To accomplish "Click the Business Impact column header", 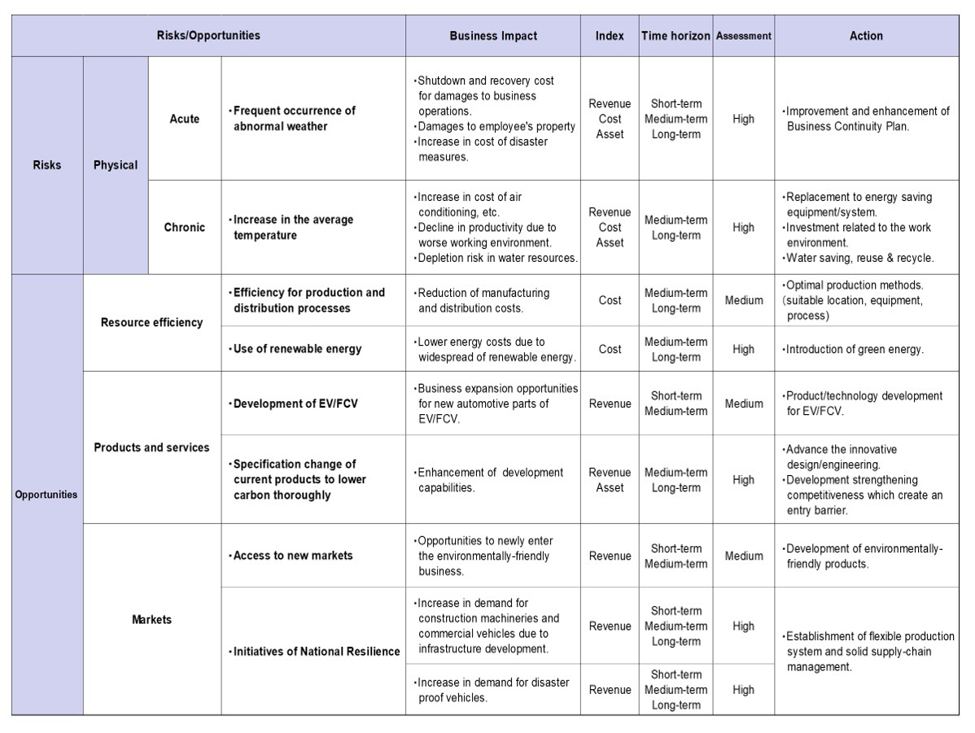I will coord(493,36).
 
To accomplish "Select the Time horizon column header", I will coord(676,36).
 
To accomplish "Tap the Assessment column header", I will coord(743,36).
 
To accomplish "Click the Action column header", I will coord(866,36).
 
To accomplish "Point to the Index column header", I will coord(610,36).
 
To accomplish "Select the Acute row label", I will coord(184,119).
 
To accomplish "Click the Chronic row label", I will coord(184,227).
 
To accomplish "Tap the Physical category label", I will coord(116,165).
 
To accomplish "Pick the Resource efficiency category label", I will coord(151,322).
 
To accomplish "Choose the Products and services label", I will coord(151,447).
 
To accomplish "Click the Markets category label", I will coord(151,620).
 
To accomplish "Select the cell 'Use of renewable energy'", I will coord(297,349).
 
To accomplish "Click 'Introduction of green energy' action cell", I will coord(854,349).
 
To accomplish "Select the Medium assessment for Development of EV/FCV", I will coord(743,404).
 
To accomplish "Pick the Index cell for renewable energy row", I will coord(610,349).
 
